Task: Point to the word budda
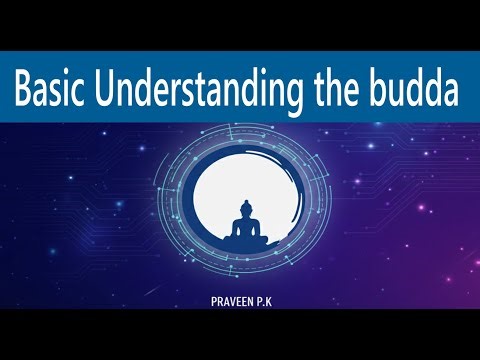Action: tap(421, 92)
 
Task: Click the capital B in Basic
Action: tap(25, 92)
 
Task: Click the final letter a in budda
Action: tap(450, 94)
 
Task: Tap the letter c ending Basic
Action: tap(90, 94)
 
